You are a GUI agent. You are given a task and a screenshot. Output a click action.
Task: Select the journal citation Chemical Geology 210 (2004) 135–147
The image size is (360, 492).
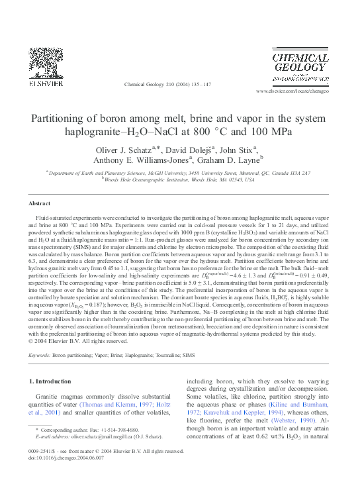click(x=167, y=85)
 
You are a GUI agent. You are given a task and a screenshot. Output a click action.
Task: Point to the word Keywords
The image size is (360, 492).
click(x=40, y=355)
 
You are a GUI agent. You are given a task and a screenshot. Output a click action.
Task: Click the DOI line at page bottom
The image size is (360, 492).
click(x=66, y=458)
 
